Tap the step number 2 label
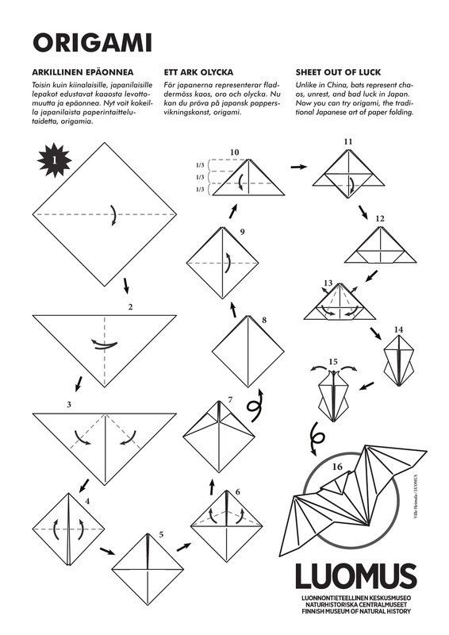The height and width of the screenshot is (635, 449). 129,306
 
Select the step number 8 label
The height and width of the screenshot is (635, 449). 263,321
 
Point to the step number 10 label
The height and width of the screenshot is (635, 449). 234,151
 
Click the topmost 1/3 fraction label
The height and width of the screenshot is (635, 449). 201,165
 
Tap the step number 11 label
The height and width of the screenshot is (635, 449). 347,142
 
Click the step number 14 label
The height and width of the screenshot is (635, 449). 398,329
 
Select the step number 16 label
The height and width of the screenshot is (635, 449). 337,467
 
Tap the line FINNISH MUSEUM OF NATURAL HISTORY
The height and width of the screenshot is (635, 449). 355,611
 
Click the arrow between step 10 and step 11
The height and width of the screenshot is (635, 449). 299,167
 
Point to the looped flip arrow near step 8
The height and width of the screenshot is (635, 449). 256,406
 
